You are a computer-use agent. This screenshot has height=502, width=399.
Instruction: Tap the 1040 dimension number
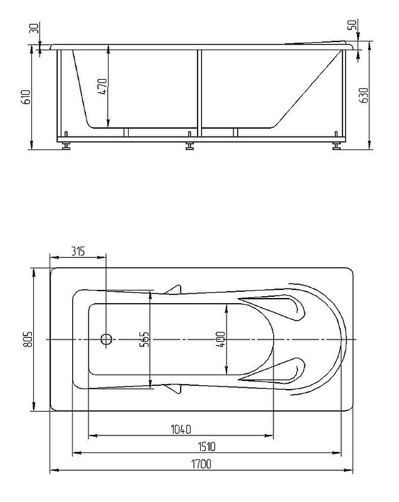click(x=181, y=429)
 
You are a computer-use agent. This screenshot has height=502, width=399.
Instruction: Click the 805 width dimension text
click(x=26, y=339)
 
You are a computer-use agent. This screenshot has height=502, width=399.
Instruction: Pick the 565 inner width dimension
click(x=144, y=340)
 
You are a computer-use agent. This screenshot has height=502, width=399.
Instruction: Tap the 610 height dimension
click(x=26, y=97)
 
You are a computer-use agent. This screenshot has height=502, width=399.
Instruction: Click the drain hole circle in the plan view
click(x=106, y=340)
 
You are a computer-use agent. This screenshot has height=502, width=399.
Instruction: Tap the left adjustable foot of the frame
click(x=65, y=145)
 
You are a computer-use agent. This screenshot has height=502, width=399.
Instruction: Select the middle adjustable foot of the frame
click(x=189, y=146)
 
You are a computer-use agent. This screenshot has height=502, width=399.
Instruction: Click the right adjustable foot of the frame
click(x=338, y=145)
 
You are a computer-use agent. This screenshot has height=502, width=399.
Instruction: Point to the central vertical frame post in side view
click(x=199, y=91)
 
